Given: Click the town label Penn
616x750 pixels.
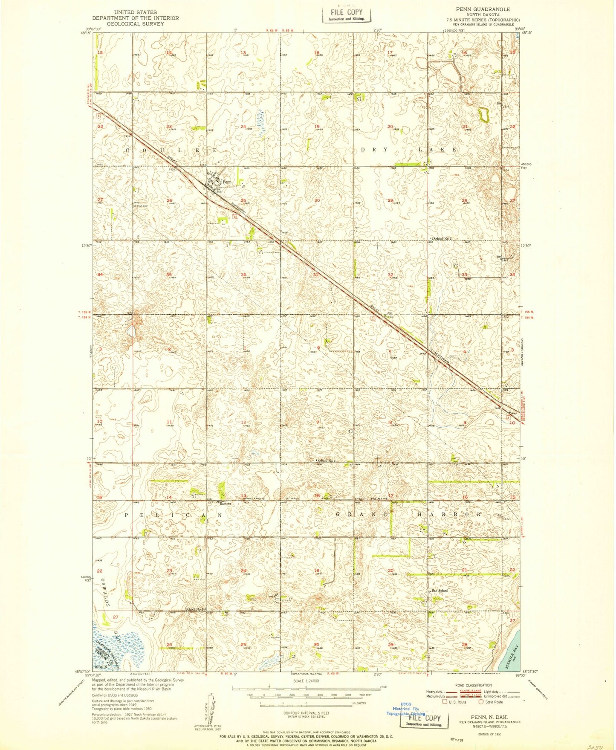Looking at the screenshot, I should pos(227,182).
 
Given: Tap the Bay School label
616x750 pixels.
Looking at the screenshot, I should pos(440,591).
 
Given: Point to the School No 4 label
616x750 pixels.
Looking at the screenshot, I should pos(327,461).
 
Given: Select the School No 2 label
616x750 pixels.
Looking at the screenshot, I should pos(442,239).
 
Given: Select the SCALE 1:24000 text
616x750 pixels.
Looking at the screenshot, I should pos(306,681).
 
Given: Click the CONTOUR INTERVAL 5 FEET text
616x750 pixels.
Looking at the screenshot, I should pos(306,712).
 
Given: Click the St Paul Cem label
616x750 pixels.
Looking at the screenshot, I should pos(140,206).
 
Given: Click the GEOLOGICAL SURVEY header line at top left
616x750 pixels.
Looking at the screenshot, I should pos(136,24).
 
